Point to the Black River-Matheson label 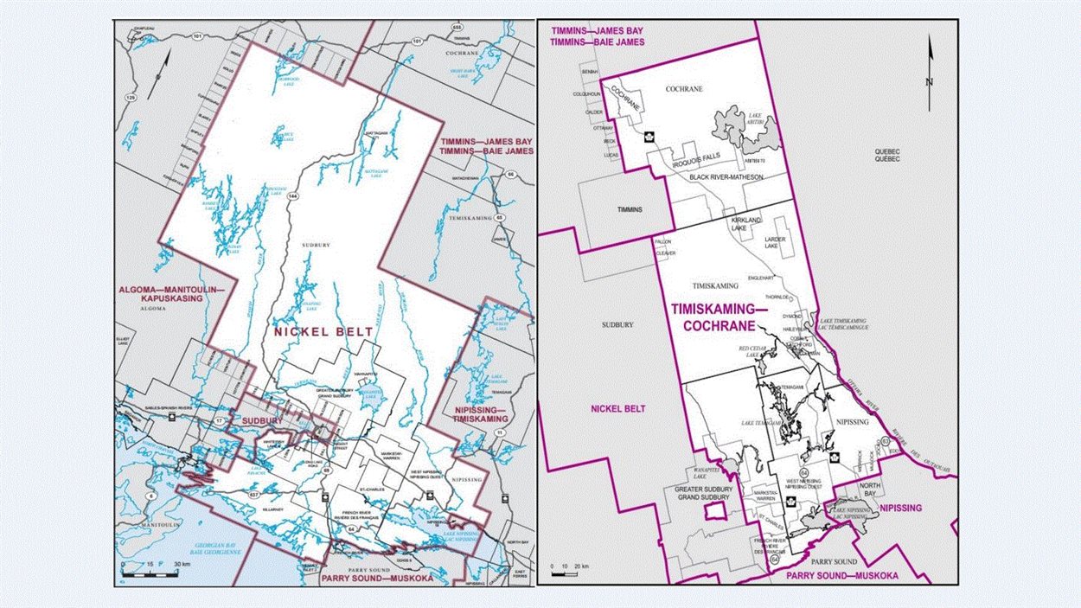pos(726,176)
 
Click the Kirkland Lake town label pos(745,224)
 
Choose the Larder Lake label pos(774,240)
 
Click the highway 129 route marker pos(131,99)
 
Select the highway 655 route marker pos(456,28)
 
